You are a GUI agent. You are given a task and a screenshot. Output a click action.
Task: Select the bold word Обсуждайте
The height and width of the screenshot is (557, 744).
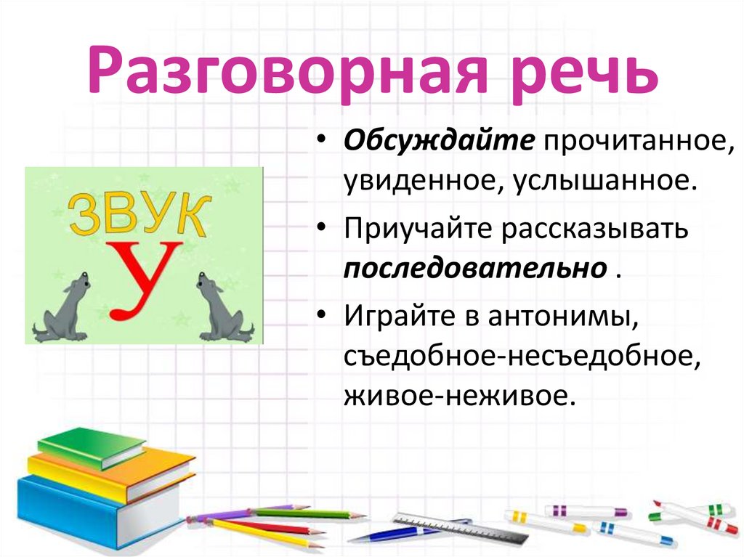point(440,142)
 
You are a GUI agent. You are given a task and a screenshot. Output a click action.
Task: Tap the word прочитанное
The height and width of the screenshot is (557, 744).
point(634,142)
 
